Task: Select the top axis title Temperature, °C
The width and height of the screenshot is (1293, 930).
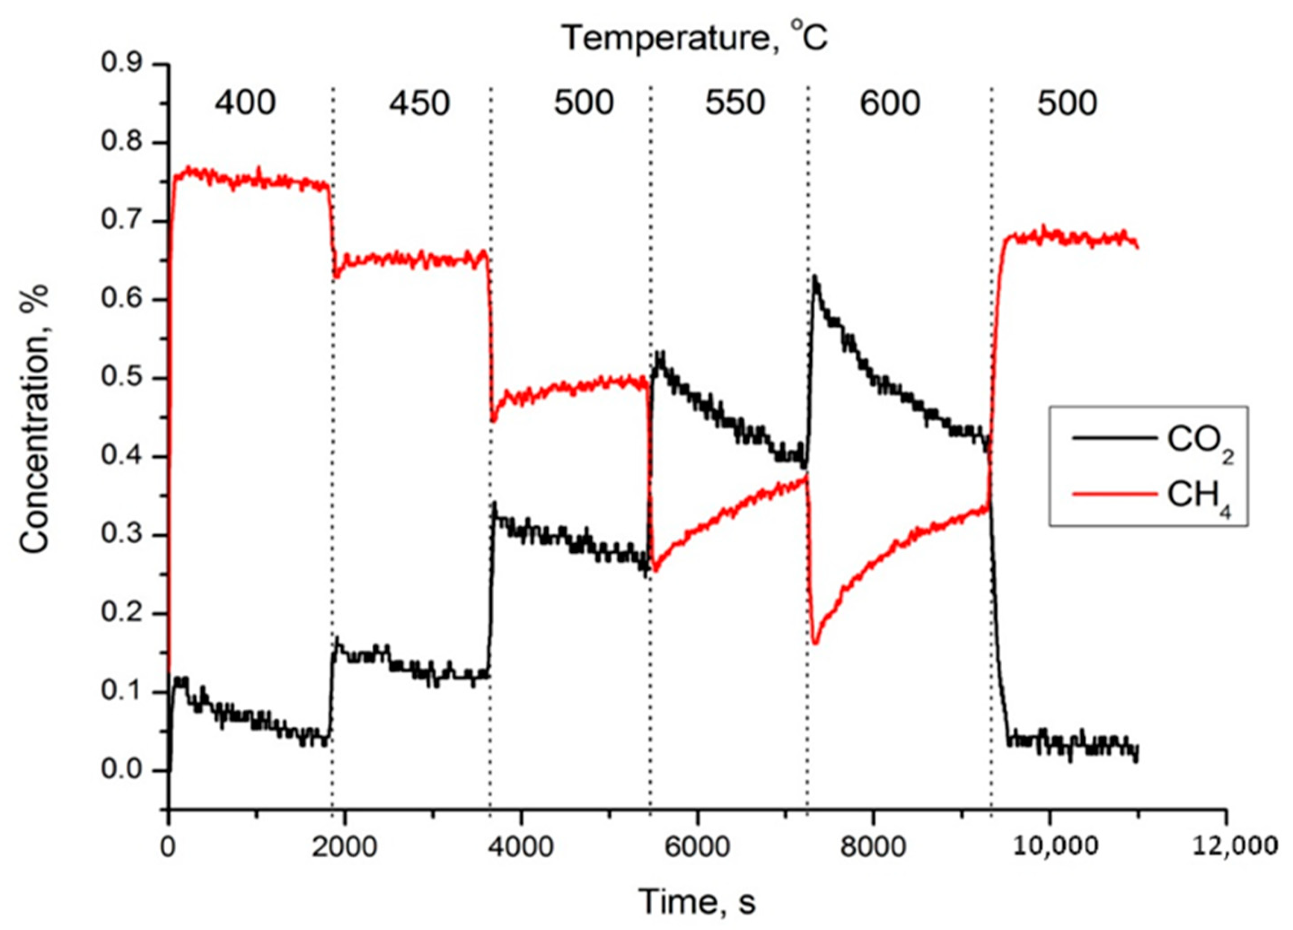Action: pos(695,39)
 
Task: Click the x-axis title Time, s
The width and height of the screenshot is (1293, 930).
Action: pos(697,901)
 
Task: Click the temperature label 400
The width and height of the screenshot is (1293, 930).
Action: pos(245,104)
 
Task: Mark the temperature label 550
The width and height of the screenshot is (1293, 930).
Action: pos(735,104)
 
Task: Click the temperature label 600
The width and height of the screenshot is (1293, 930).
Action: pos(890,104)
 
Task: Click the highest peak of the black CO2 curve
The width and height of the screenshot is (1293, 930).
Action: pos(815,278)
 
